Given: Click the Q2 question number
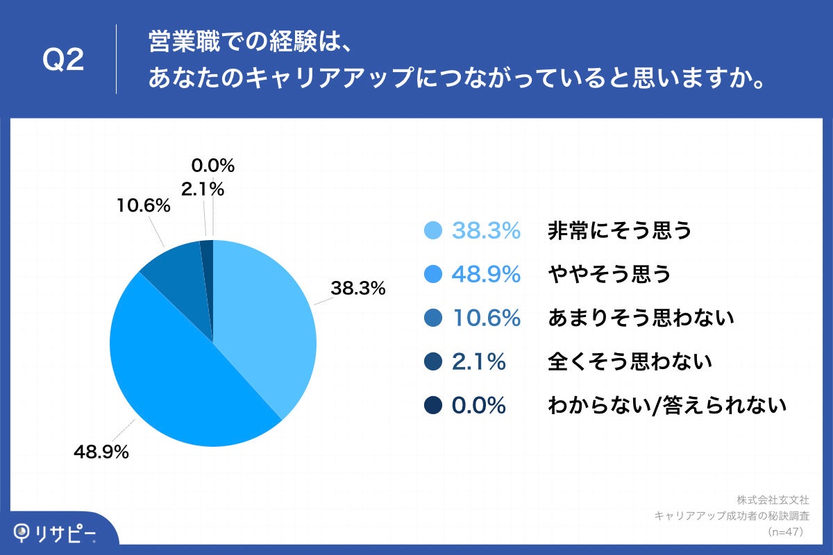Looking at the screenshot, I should pyautogui.click(x=63, y=60).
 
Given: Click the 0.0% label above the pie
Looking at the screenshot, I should pyautogui.click(x=213, y=166).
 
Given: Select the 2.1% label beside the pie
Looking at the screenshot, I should pyautogui.click(x=203, y=188).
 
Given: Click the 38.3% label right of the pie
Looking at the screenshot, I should pyautogui.click(x=357, y=288).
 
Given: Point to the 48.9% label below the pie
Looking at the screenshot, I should pyautogui.click(x=101, y=452).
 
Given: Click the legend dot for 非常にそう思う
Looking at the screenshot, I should pyautogui.click(x=433, y=231).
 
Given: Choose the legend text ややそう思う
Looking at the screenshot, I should pyautogui.click(x=609, y=275).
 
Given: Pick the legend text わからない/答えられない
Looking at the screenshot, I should pyautogui.click(x=667, y=405).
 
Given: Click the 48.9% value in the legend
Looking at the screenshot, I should pyautogui.click(x=486, y=275).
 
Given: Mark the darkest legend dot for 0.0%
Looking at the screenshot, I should pyautogui.click(x=433, y=405).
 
